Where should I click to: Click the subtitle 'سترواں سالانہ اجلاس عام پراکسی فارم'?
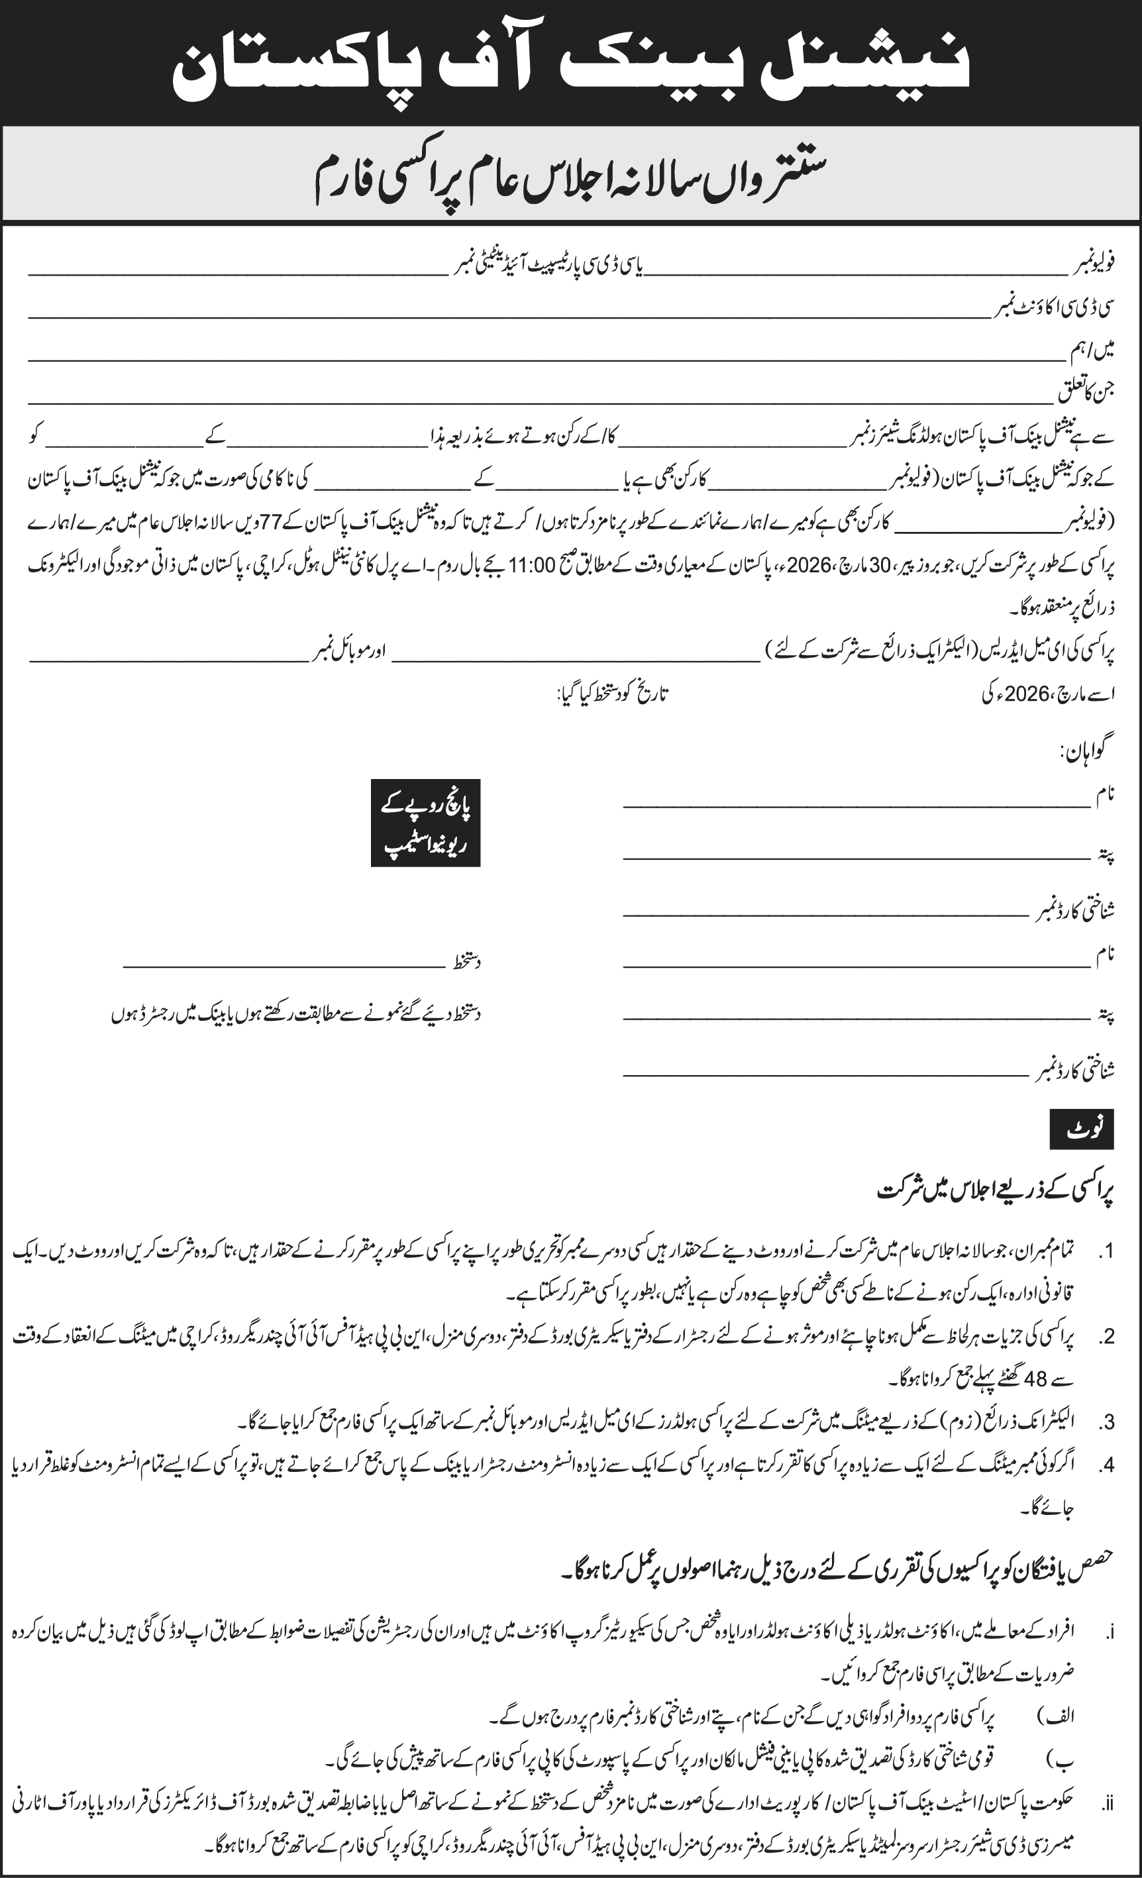[x=570, y=178]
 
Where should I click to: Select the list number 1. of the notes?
[x=1106, y=1252]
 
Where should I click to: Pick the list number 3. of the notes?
[x=1106, y=1422]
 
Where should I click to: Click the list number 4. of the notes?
[x=1106, y=1465]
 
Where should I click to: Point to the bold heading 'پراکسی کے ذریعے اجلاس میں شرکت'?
[x=995, y=1191]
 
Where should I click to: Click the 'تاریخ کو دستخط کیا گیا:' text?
[x=613, y=694]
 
